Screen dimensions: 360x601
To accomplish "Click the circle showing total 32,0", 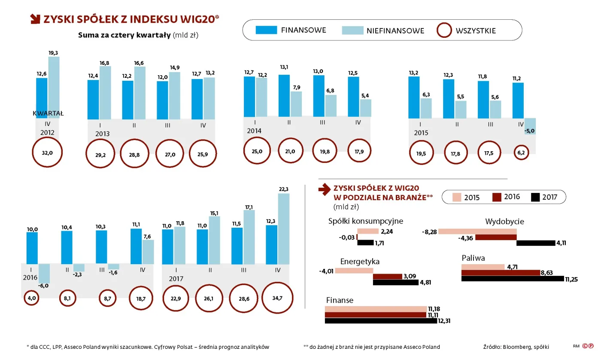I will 47,152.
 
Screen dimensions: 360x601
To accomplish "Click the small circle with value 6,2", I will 522,153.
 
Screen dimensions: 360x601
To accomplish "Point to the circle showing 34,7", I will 277,298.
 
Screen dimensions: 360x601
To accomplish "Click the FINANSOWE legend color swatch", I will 266,30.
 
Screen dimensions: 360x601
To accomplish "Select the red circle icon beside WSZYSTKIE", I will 444,31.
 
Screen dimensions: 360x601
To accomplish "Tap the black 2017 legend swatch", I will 535,197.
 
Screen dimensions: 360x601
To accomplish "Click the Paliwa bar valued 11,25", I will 512,279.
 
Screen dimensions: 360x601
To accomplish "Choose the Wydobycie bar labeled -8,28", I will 477,232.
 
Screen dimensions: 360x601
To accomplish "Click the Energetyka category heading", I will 360,262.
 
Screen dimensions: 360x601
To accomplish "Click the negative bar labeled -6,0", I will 44,273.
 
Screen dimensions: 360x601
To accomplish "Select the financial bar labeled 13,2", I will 414,98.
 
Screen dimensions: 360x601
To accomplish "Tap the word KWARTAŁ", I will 48,113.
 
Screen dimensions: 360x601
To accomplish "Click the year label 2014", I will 254,131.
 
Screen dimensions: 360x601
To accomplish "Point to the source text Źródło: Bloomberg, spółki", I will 516,347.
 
